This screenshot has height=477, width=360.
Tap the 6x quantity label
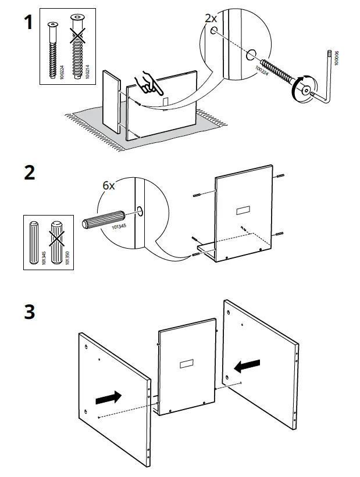click(x=109, y=185)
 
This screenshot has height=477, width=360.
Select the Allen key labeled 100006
click(x=328, y=76)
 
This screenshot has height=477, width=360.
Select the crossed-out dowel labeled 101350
click(x=57, y=241)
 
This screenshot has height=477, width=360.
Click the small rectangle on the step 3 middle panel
click(x=187, y=364)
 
